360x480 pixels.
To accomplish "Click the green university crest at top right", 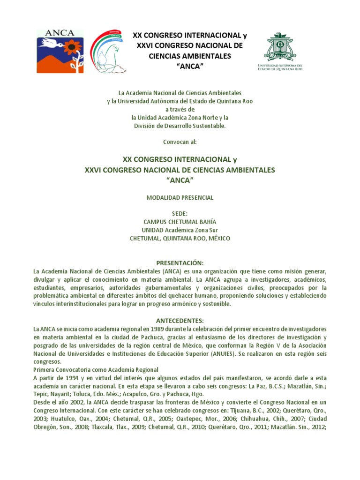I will [280, 47].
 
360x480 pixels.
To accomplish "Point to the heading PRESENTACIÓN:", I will [180, 263].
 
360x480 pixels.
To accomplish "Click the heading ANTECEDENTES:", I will [180, 320].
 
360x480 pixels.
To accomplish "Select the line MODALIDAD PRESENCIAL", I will [180, 198].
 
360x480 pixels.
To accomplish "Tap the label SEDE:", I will [180, 213].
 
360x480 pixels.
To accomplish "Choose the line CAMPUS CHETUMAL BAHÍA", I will [180, 222].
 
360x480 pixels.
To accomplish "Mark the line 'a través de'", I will [180, 109].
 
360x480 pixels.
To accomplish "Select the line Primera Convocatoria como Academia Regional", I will [96, 370].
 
